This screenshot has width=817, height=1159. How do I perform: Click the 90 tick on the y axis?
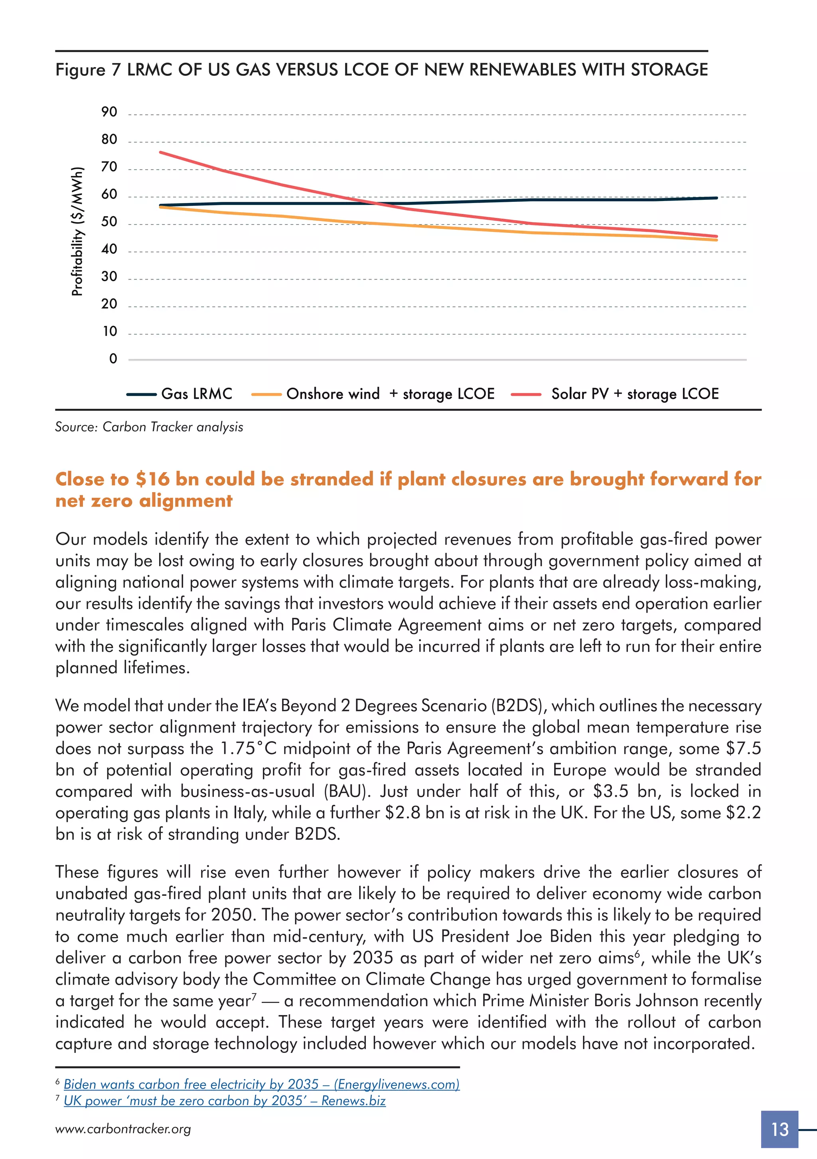(109, 112)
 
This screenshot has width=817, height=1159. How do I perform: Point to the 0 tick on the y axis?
(113, 359)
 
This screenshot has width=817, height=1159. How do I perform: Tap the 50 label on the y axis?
(109, 222)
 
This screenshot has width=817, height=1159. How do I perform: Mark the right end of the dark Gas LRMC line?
(716, 198)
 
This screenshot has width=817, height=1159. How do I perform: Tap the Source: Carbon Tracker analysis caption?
(149, 427)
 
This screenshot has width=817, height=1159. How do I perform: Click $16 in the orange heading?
(152, 479)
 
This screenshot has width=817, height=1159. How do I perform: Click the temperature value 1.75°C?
(249, 748)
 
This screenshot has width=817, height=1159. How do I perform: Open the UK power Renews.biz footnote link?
(225, 1101)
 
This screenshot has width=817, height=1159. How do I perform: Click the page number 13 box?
(780, 1129)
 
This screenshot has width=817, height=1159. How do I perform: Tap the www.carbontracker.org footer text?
(123, 1129)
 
